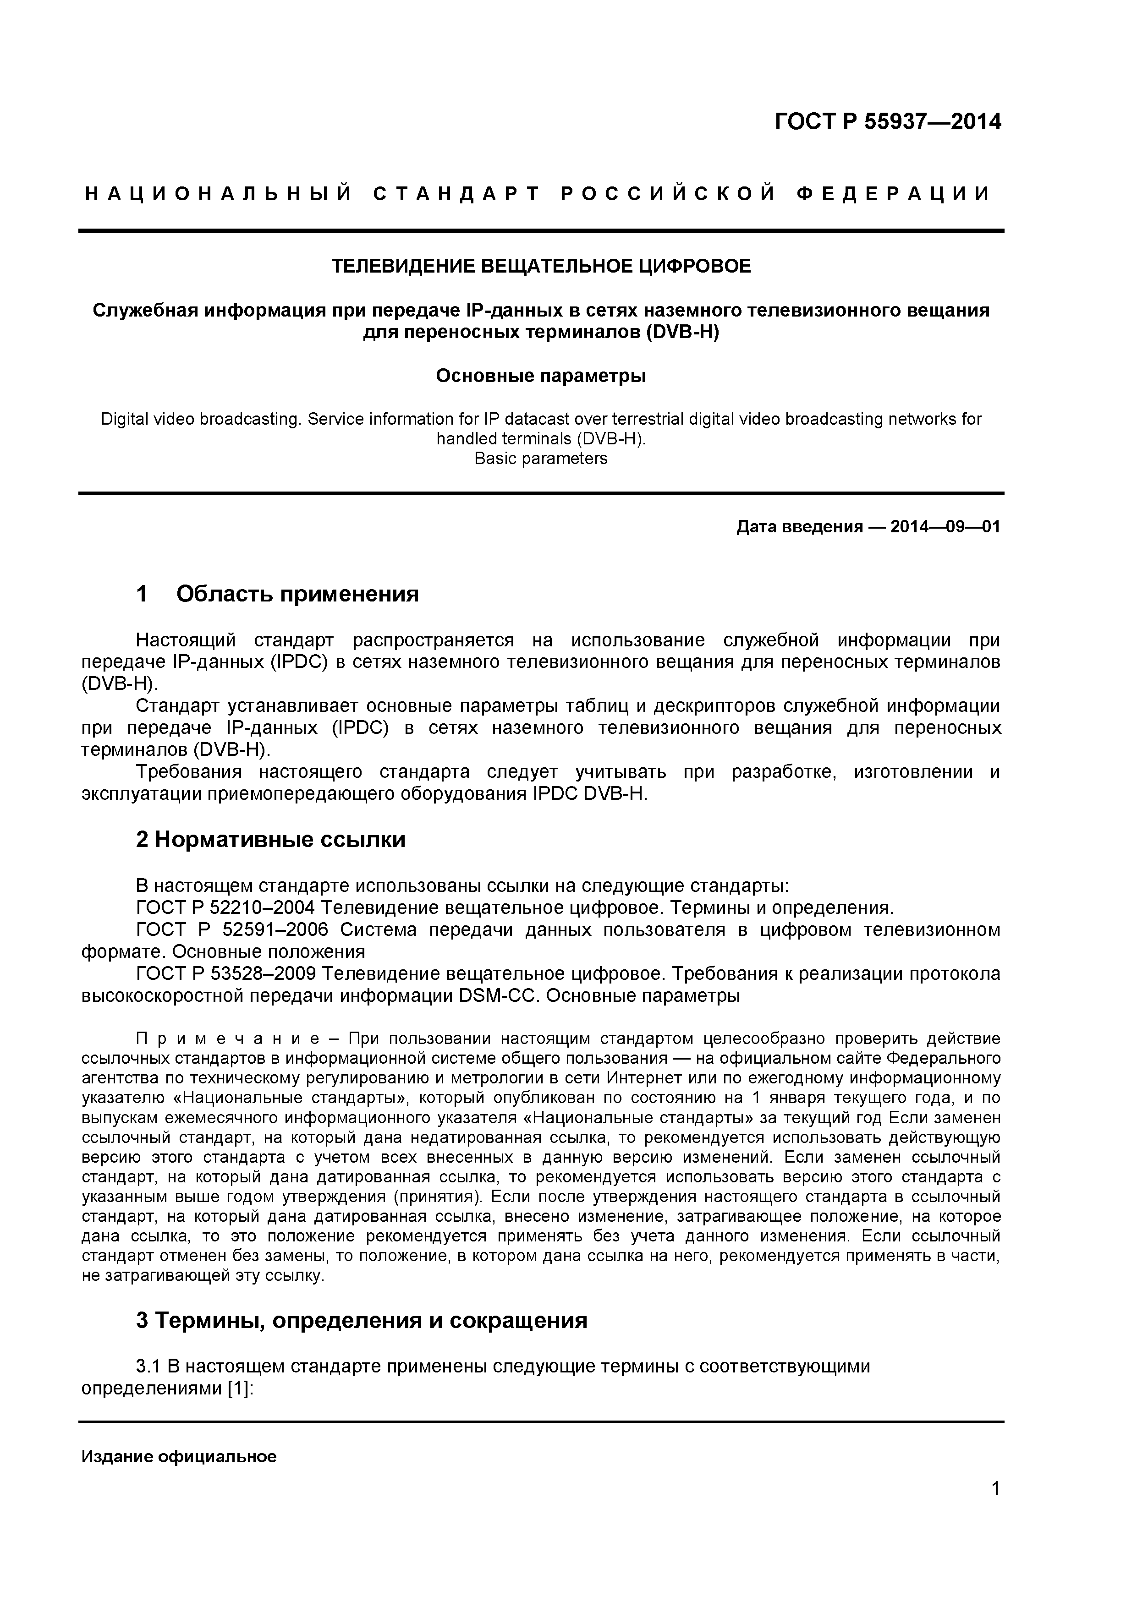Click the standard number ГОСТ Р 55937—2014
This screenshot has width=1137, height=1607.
(x=888, y=122)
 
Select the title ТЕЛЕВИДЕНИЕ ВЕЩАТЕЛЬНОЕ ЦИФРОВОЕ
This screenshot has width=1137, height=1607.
(x=540, y=266)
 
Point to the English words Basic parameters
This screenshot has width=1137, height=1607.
(x=540, y=459)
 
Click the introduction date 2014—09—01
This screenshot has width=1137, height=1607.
(x=945, y=526)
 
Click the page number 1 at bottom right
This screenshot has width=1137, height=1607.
(x=995, y=1508)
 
